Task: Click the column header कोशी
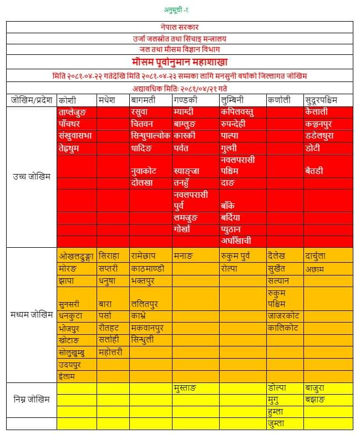[68, 100]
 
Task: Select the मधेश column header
[107, 100]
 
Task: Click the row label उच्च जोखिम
[32, 177]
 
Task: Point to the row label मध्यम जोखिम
[32, 315]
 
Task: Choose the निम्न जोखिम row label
[32, 399]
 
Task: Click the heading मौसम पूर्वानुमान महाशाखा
[180, 62]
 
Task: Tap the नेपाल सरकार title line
[180, 27]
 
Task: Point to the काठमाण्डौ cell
[146, 268]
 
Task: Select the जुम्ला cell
[276, 423]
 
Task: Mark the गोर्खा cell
[182, 229]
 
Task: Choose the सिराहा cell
[109, 256]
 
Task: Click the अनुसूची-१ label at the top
[180, 10]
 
